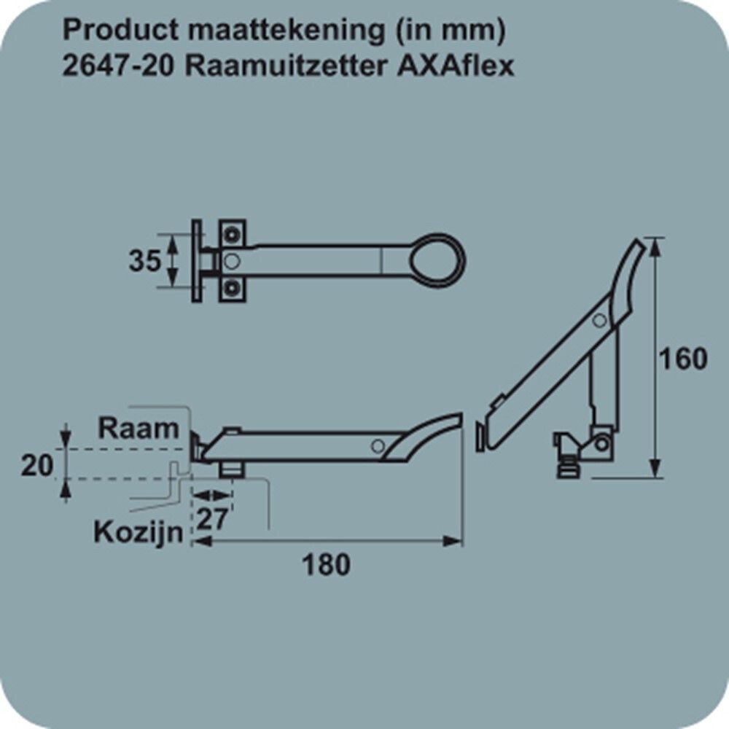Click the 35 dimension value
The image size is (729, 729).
(x=145, y=261)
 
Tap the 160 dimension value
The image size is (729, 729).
(x=684, y=359)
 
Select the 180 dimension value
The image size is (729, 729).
(x=327, y=565)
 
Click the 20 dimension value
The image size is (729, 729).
(x=37, y=465)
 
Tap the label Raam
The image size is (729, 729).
(x=139, y=428)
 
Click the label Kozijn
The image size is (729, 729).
(x=139, y=532)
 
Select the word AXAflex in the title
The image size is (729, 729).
(x=456, y=66)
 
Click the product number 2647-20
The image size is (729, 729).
(x=119, y=66)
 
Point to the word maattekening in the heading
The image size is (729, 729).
(x=287, y=31)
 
